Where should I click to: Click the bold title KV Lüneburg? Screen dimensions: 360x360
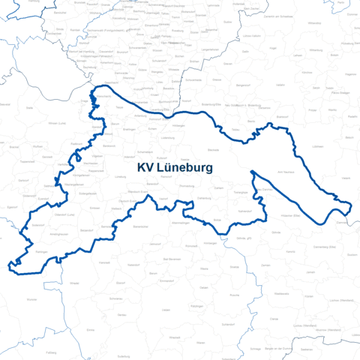pos(175,167)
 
